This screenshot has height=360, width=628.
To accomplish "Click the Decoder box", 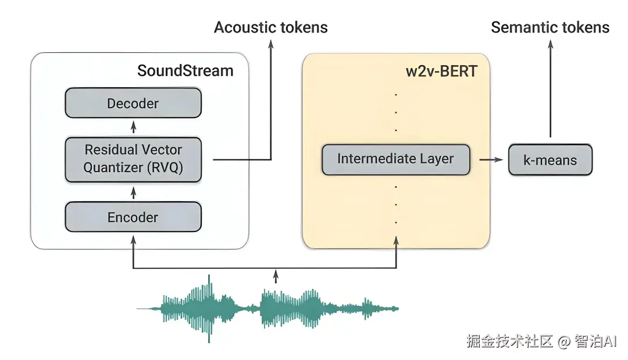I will (x=133, y=104).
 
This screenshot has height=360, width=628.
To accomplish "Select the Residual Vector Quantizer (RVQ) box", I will (x=133, y=159).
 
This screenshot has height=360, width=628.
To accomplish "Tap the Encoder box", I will (x=133, y=218).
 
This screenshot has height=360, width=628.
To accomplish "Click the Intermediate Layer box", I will (x=395, y=159).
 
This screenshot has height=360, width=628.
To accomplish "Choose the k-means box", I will (x=550, y=160).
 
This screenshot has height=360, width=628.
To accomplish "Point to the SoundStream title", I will (x=185, y=71).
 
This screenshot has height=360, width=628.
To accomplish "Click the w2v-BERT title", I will (x=441, y=71).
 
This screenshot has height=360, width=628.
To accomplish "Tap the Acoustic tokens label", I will (x=271, y=27).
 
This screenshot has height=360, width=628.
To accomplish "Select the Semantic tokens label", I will (x=550, y=27).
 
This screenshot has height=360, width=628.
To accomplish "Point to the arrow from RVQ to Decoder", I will (x=134, y=127).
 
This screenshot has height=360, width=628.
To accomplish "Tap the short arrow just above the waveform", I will (x=276, y=276).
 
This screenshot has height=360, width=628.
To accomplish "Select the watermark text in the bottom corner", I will (x=541, y=341).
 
